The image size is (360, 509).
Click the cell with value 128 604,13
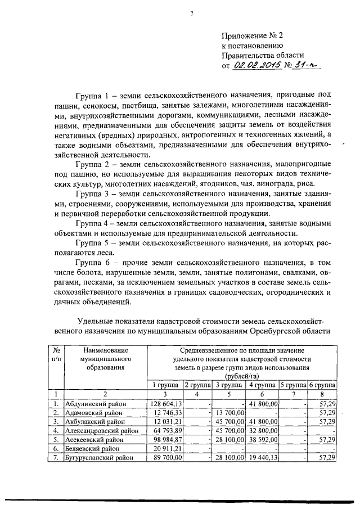[x=164, y=403]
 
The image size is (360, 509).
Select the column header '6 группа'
[x=322, y=385]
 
